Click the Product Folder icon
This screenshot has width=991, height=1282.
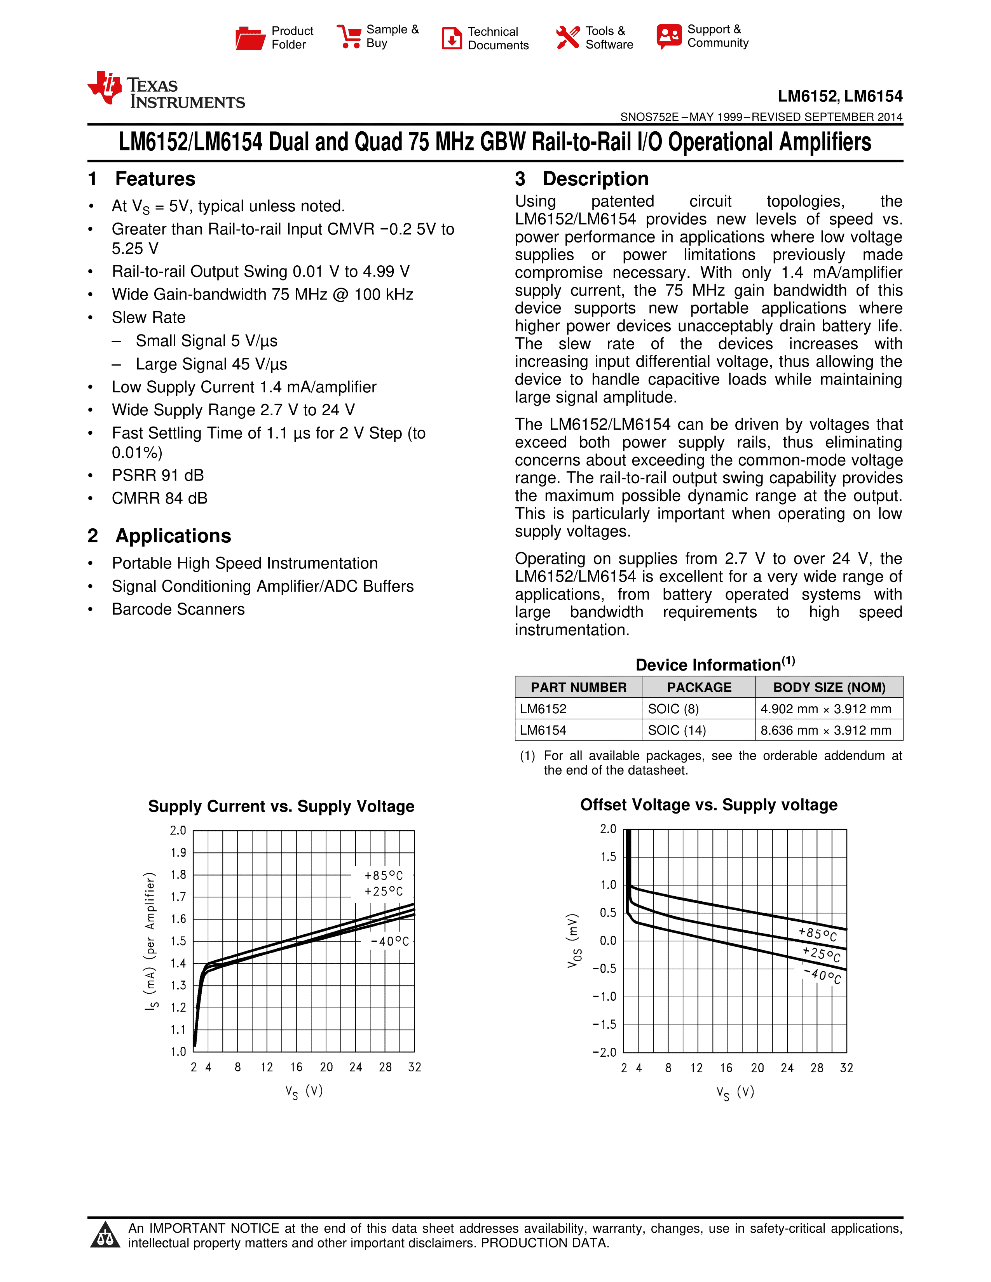point(250,38)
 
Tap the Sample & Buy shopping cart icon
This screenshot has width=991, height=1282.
point(349,37)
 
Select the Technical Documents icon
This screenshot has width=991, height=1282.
point(452,38)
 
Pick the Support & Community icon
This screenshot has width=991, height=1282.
point(669,37)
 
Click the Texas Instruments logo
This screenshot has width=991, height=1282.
point(166,91)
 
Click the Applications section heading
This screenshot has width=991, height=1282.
point(173,536)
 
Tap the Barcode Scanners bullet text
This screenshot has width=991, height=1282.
point(178,609)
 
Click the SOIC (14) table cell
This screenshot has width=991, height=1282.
point(677,730)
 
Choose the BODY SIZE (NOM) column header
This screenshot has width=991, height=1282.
point(829,687)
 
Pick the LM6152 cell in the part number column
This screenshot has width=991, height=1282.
point(543,709)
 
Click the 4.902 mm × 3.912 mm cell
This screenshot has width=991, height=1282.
point(825,709)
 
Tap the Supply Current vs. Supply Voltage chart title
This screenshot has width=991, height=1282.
point(281,806)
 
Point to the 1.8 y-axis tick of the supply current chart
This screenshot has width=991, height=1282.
point(178,874)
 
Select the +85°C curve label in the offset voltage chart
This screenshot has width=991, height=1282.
point(817,933)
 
